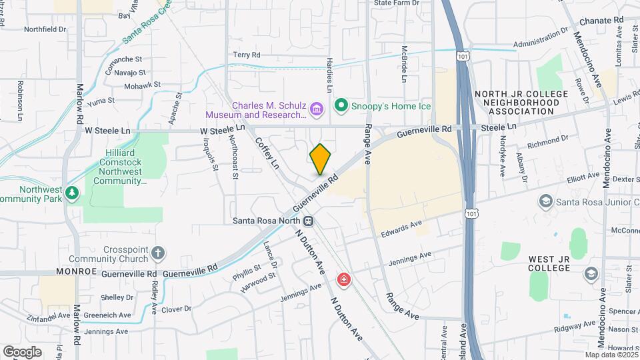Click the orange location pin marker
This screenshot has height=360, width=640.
(321, 159)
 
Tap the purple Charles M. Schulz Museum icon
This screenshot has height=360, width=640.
(317, 107)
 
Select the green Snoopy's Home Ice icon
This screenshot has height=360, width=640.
(341, 105)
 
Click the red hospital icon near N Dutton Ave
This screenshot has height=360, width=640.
(344, 279)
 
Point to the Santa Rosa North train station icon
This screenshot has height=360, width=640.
(309, 221)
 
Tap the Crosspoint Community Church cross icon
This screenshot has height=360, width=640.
(157, 253)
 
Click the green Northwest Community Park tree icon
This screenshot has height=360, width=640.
(72, 193)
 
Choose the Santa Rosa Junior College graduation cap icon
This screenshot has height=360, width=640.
(545, 201)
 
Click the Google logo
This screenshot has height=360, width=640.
(22, 351)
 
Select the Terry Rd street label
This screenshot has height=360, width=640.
(246, 55)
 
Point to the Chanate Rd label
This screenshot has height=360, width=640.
(600, 21)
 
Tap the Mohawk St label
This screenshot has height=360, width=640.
(142, 85)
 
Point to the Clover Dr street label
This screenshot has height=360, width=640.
(177, 309)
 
